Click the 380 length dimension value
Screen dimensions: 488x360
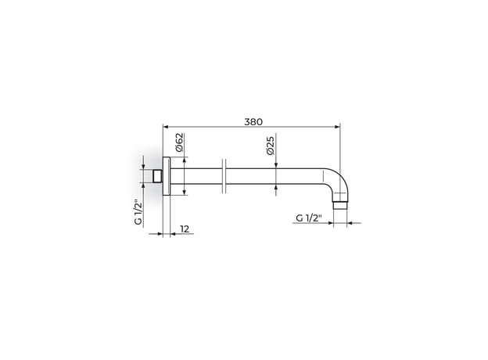(253, 122)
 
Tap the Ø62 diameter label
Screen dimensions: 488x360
(180, 142)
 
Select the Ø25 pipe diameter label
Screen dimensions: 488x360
(270, 146)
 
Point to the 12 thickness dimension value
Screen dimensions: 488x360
(185, 229)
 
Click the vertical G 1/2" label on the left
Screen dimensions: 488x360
(138, 212)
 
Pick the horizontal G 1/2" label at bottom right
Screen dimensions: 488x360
(308, 218)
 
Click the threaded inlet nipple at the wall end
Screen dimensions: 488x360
(158, 176)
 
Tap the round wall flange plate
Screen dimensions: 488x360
(167, 176)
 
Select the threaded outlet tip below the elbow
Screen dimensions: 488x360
(340, 206)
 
